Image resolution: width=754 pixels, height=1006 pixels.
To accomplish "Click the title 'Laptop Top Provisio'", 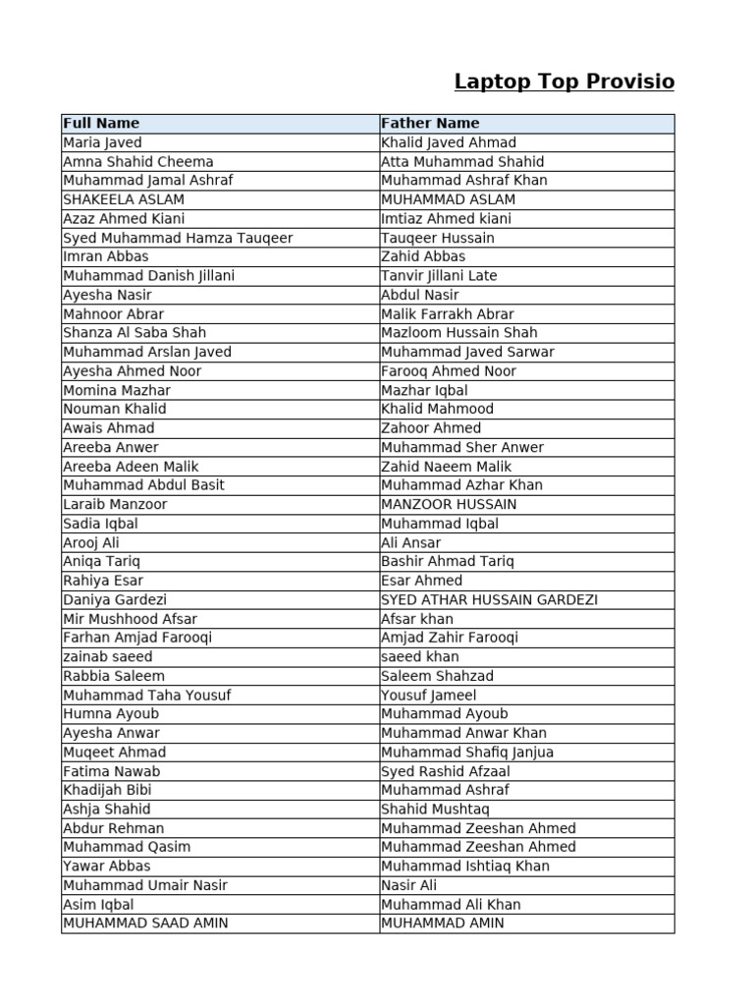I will click(564, 82).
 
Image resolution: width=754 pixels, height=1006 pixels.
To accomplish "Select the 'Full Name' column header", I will click(101, 124).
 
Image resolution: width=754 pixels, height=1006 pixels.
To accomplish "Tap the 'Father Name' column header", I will click(430, 124).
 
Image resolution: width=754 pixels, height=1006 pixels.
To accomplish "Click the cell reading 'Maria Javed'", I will click(102, 142).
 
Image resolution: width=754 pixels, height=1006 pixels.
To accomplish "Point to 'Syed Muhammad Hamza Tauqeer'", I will click(178, 238).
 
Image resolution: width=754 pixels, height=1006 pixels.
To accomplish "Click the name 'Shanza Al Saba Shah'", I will click(135, 333).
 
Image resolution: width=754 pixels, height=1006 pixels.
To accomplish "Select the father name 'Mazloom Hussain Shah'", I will click(459, 333).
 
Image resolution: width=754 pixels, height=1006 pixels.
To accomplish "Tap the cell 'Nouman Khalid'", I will click(115, 409).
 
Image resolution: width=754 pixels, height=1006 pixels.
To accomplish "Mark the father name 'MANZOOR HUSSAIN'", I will click(449, 504).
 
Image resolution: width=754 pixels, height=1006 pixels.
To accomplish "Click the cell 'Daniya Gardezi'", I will click(115, 599).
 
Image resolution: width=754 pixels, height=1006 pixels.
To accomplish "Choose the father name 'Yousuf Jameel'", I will click(429, 695).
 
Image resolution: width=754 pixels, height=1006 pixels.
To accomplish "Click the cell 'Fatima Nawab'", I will click(111, 771).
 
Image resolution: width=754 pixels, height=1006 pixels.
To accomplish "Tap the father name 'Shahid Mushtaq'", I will click(434, 810).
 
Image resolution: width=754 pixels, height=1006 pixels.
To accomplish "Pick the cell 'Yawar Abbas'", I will click(107, 866).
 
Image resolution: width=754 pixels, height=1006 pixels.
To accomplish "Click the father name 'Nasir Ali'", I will click(409, 885).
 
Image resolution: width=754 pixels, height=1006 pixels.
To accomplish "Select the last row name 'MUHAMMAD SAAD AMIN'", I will click(145, 923).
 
